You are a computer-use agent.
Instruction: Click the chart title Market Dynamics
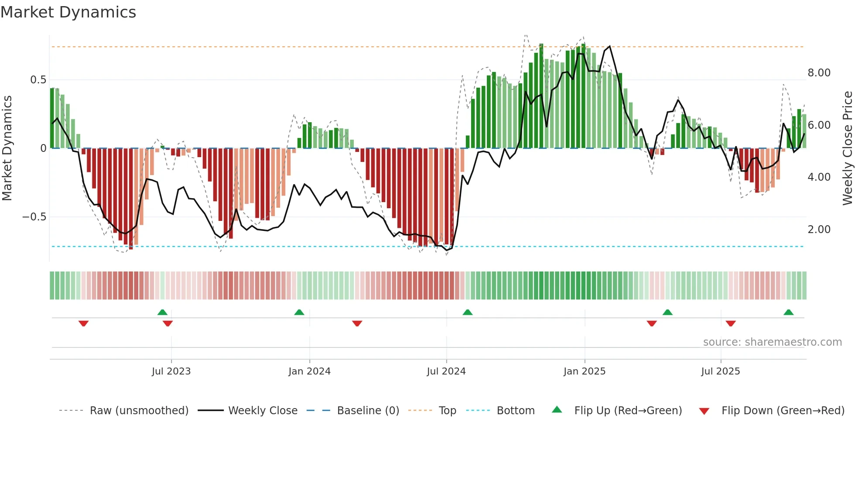coord(68,12)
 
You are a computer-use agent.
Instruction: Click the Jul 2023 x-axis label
coord(171,371)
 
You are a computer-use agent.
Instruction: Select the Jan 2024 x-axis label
coord(309,371)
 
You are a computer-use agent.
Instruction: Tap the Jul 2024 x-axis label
coord(446,371)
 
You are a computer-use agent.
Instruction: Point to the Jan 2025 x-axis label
coord(584,371)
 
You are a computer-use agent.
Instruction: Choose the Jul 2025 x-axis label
coord(720,371)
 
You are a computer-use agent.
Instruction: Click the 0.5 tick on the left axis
coord(38,80)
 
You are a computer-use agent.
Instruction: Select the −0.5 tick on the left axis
coord(34,217)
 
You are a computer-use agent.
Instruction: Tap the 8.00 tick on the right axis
coord(819,73)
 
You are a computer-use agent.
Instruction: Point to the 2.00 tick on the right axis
coord(819,230)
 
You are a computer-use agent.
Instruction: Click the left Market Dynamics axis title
coord(7,148)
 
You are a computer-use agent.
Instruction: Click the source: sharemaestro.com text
coord(772,342)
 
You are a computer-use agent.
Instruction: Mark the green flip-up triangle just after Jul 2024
coord(467,312)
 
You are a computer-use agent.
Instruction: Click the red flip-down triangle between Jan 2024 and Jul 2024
coord(357,323)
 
